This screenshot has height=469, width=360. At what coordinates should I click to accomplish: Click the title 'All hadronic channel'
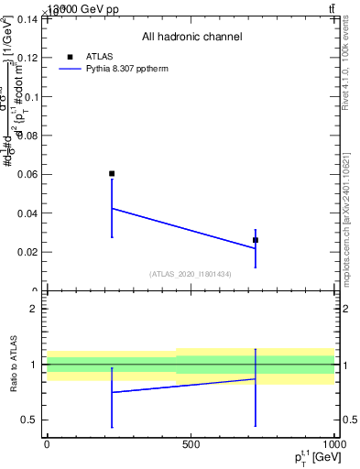point(191,38)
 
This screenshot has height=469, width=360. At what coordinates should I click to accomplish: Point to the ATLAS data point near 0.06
point(112,173)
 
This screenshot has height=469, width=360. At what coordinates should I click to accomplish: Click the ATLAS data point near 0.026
point(256,240)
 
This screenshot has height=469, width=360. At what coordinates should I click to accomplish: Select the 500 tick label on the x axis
point(191,444)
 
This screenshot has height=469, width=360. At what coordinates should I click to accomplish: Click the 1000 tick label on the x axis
point(333,444)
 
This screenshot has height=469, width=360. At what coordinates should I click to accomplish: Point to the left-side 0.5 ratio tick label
point(29,420)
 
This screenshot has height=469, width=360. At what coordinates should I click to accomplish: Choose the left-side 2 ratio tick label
point(34,309)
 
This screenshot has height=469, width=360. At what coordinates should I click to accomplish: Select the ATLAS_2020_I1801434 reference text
point(191,274)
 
